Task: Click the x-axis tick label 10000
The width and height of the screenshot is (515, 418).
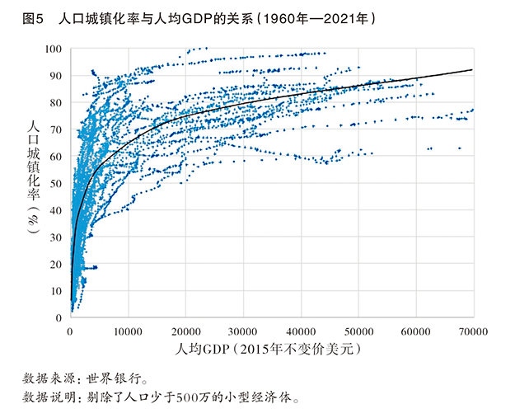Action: coord(127,331)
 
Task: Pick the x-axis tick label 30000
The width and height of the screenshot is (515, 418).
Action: coord(242,331)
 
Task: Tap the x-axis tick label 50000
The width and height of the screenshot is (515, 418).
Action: coord(358,331)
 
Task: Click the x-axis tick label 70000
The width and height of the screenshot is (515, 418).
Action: coord(471,331)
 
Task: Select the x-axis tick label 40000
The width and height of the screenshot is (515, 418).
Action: coord(300,331)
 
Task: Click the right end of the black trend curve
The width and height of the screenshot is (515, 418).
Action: coord(471,70)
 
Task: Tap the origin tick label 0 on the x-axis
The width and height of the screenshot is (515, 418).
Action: coord(70,331)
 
